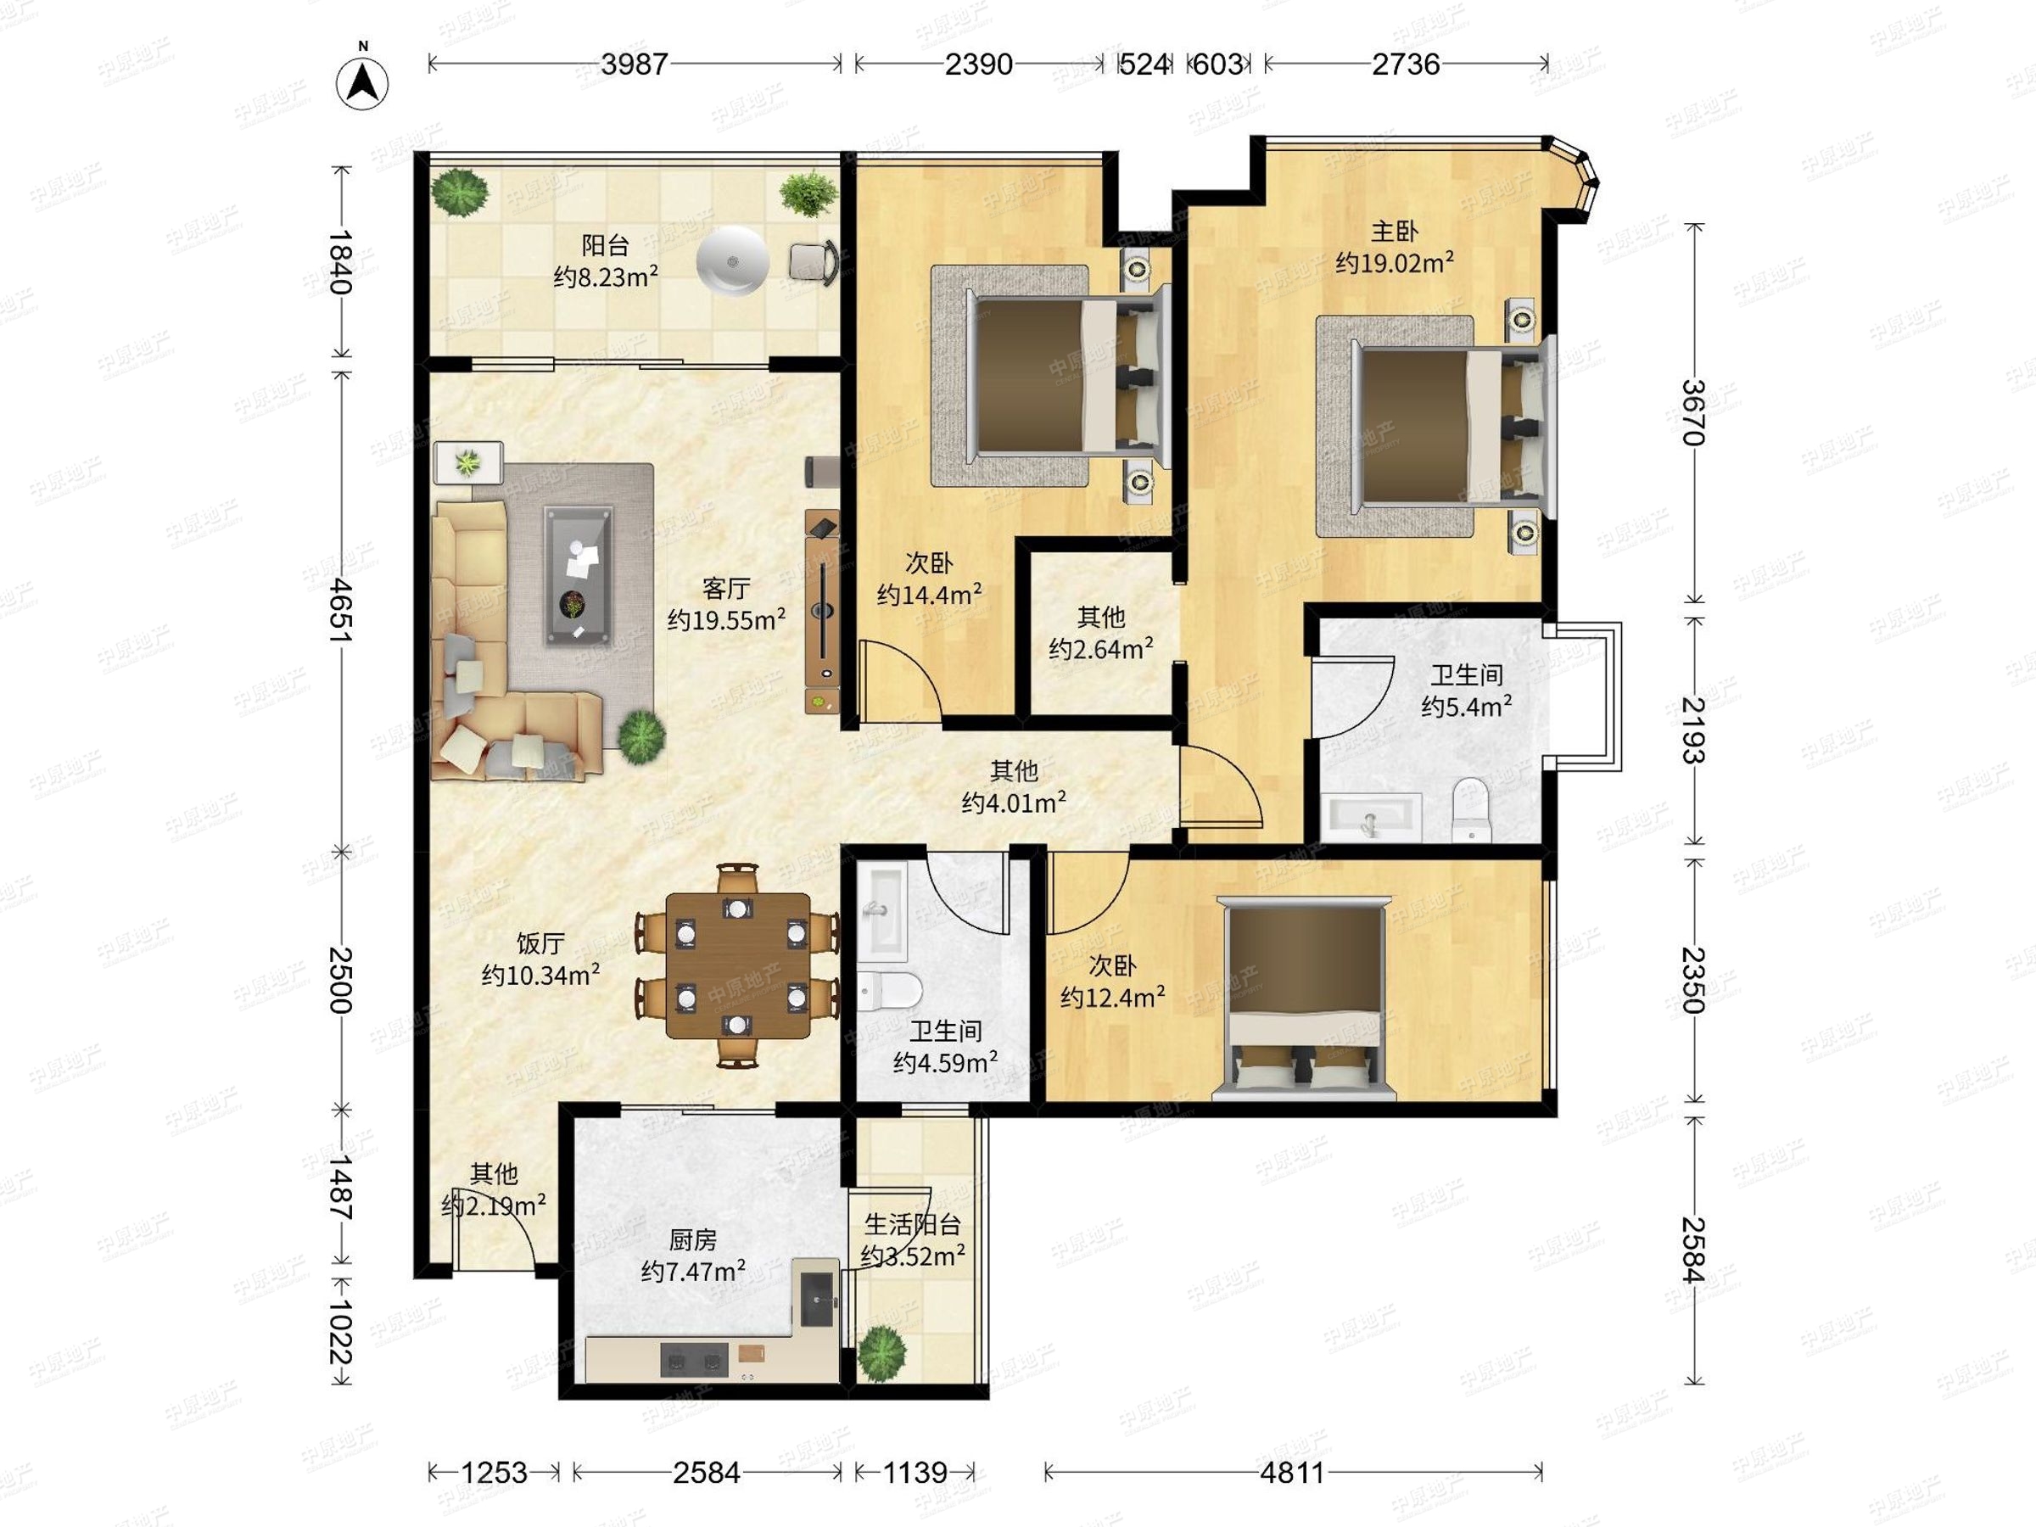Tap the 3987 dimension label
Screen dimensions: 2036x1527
pyautogui.click(x=635, y=64)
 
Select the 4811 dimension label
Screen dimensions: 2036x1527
pyautogui.click(x=1292, y=1473)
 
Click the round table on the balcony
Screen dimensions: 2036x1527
pyautogui.click(x=732, y=260)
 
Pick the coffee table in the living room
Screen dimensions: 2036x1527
pyautogui.click(x=578, y=575)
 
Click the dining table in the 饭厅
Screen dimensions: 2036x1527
pyautogui.click(x=738, y=965)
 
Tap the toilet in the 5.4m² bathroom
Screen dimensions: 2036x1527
pyautogui.click(x=1470, y=809)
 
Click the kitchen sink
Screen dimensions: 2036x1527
pyautogui.click(x=817, y=1299)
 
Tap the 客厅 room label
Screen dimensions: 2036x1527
pyautogui.click(x=726, y=588)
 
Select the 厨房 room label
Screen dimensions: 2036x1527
pyautogui.click(x=692, y=1239)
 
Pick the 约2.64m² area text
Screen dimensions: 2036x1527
pyautogui.click(x=1101, y=649)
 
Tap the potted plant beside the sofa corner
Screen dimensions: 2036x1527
pyautogui.click(x=640, y=736)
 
